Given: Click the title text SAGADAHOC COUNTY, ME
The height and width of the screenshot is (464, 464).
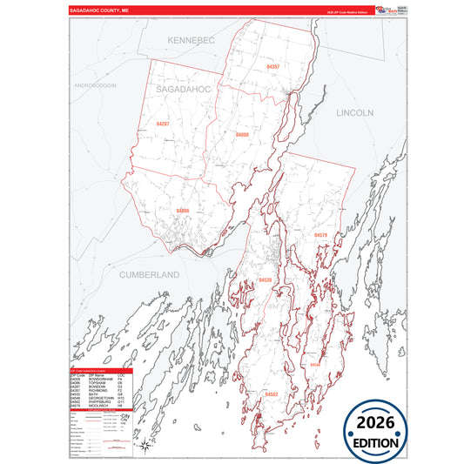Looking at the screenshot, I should click(x=99, y=11).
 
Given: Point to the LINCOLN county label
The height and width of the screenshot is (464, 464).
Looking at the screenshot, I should click(x=354, y=113).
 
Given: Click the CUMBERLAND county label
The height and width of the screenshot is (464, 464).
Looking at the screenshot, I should click(x=149, y=274).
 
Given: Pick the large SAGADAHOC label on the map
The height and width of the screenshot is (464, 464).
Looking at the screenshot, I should click(x=185, y=90).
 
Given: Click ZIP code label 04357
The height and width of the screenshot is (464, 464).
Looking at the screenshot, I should click(x=273, y=66).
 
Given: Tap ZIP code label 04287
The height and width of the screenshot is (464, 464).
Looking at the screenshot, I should click(x=163, y=124).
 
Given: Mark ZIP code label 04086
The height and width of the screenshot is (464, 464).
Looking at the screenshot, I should click(x=183, y=211).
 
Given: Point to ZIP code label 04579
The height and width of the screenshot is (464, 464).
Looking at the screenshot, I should click(x=320, y=235).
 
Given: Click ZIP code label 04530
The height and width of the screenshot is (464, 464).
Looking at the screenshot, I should click(x=266, y=279).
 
